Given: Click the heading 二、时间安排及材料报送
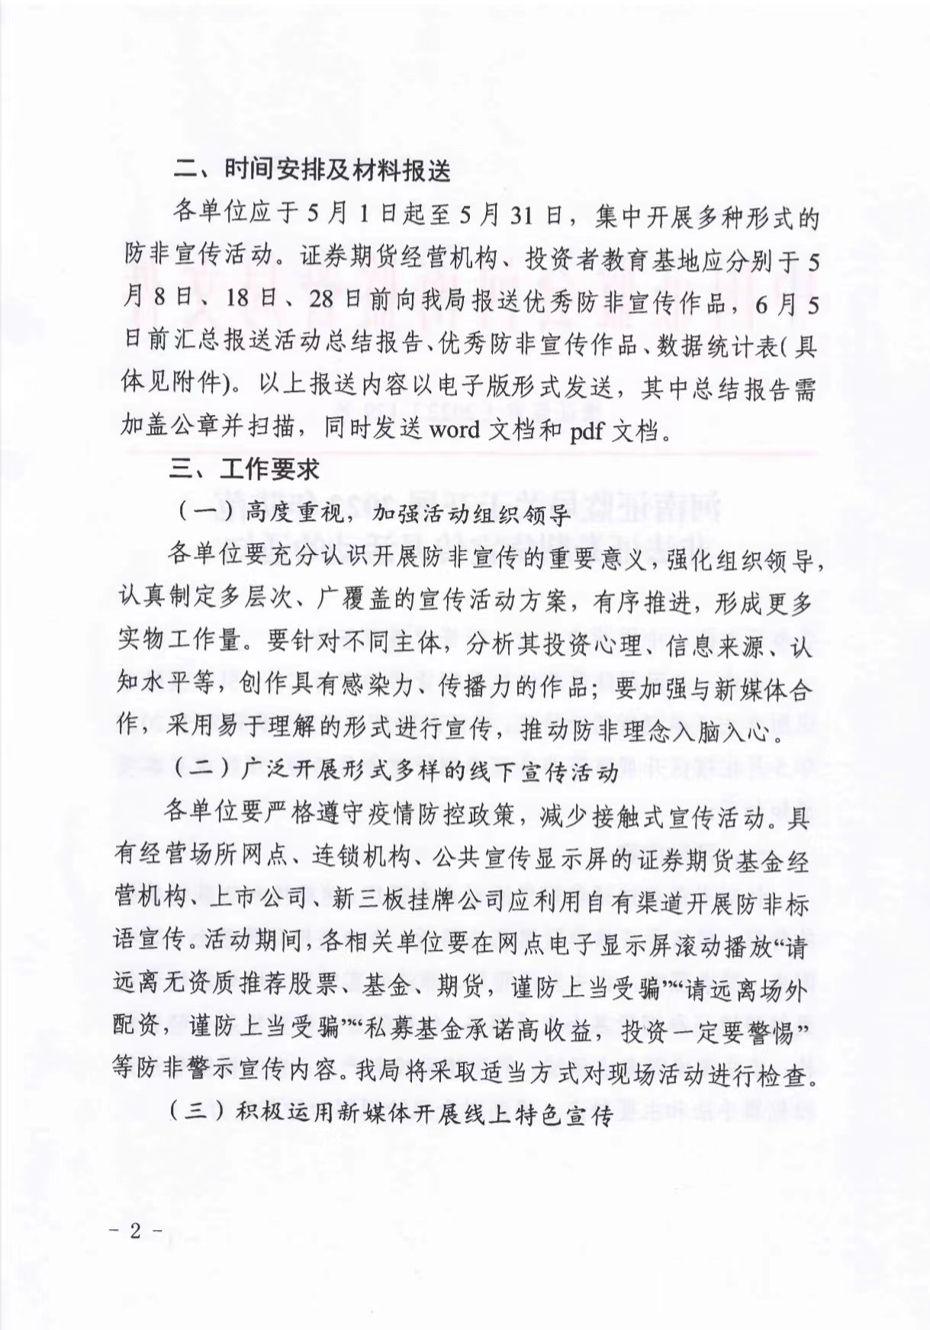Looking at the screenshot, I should [x=313, y=170].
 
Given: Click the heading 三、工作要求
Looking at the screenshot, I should [x=244, y=467].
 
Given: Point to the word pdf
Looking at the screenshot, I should [x=587, y=431].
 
